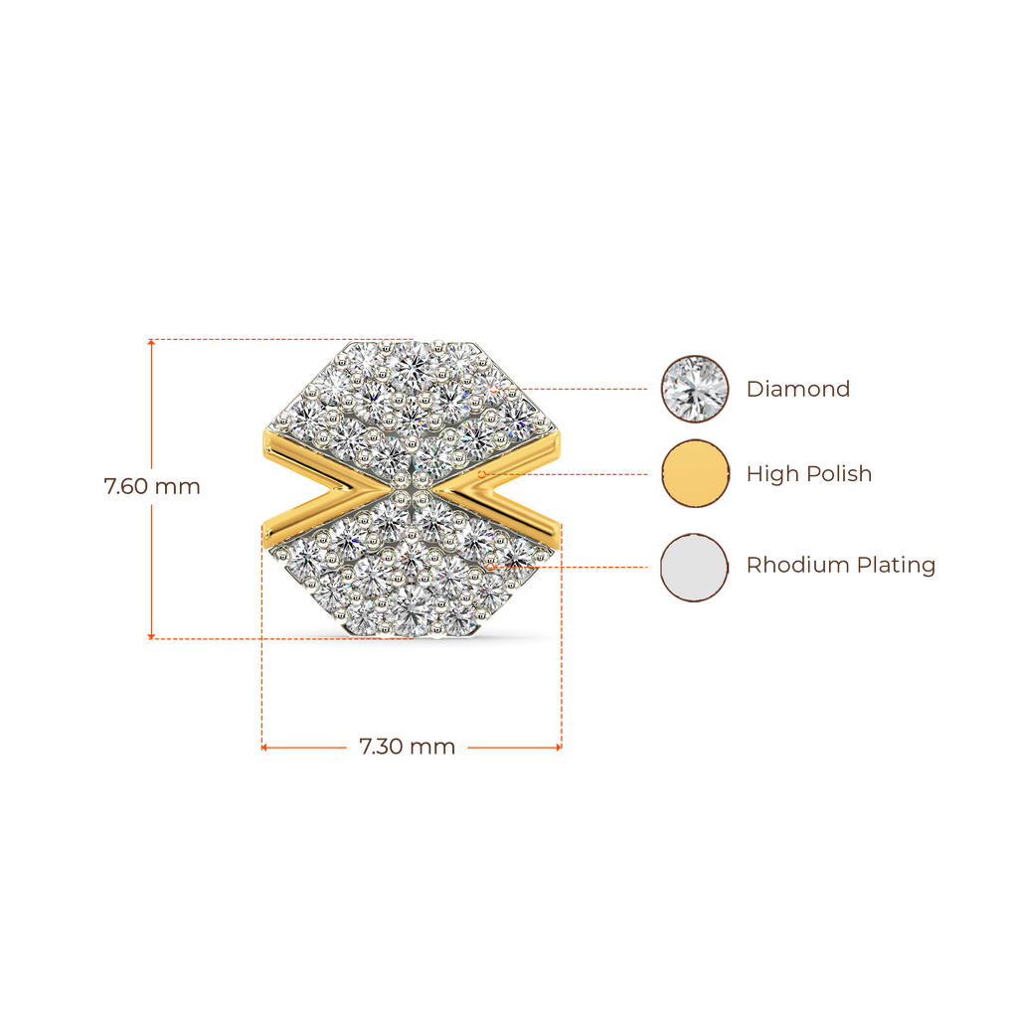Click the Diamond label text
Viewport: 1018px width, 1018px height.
click(798, 389)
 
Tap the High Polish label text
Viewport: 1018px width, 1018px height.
click(809, 474)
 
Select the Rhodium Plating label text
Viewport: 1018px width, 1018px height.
click(841, 566)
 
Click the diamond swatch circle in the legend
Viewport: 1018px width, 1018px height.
click(694, 389)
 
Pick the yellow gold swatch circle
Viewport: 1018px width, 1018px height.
click(694, 474)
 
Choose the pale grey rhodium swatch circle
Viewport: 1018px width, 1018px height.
click(694, 567)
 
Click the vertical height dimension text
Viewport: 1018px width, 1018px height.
click(152, 487)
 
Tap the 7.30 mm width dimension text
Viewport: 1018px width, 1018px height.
click(407, 747)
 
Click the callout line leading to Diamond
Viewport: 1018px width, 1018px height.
click(587, 389)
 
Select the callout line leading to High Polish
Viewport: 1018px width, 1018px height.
click(577, 474)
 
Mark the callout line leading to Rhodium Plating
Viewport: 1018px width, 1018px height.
click(577, 567)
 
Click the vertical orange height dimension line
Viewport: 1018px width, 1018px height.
click(150, 418)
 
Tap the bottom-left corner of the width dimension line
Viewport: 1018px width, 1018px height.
click(263, 747)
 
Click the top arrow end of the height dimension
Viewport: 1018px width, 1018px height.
click(150, 341)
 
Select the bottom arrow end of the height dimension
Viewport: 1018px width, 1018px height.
click(150, 635)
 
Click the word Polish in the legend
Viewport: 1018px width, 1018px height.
click(839, 474)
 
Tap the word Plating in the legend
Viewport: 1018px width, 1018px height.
click(896, 566)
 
